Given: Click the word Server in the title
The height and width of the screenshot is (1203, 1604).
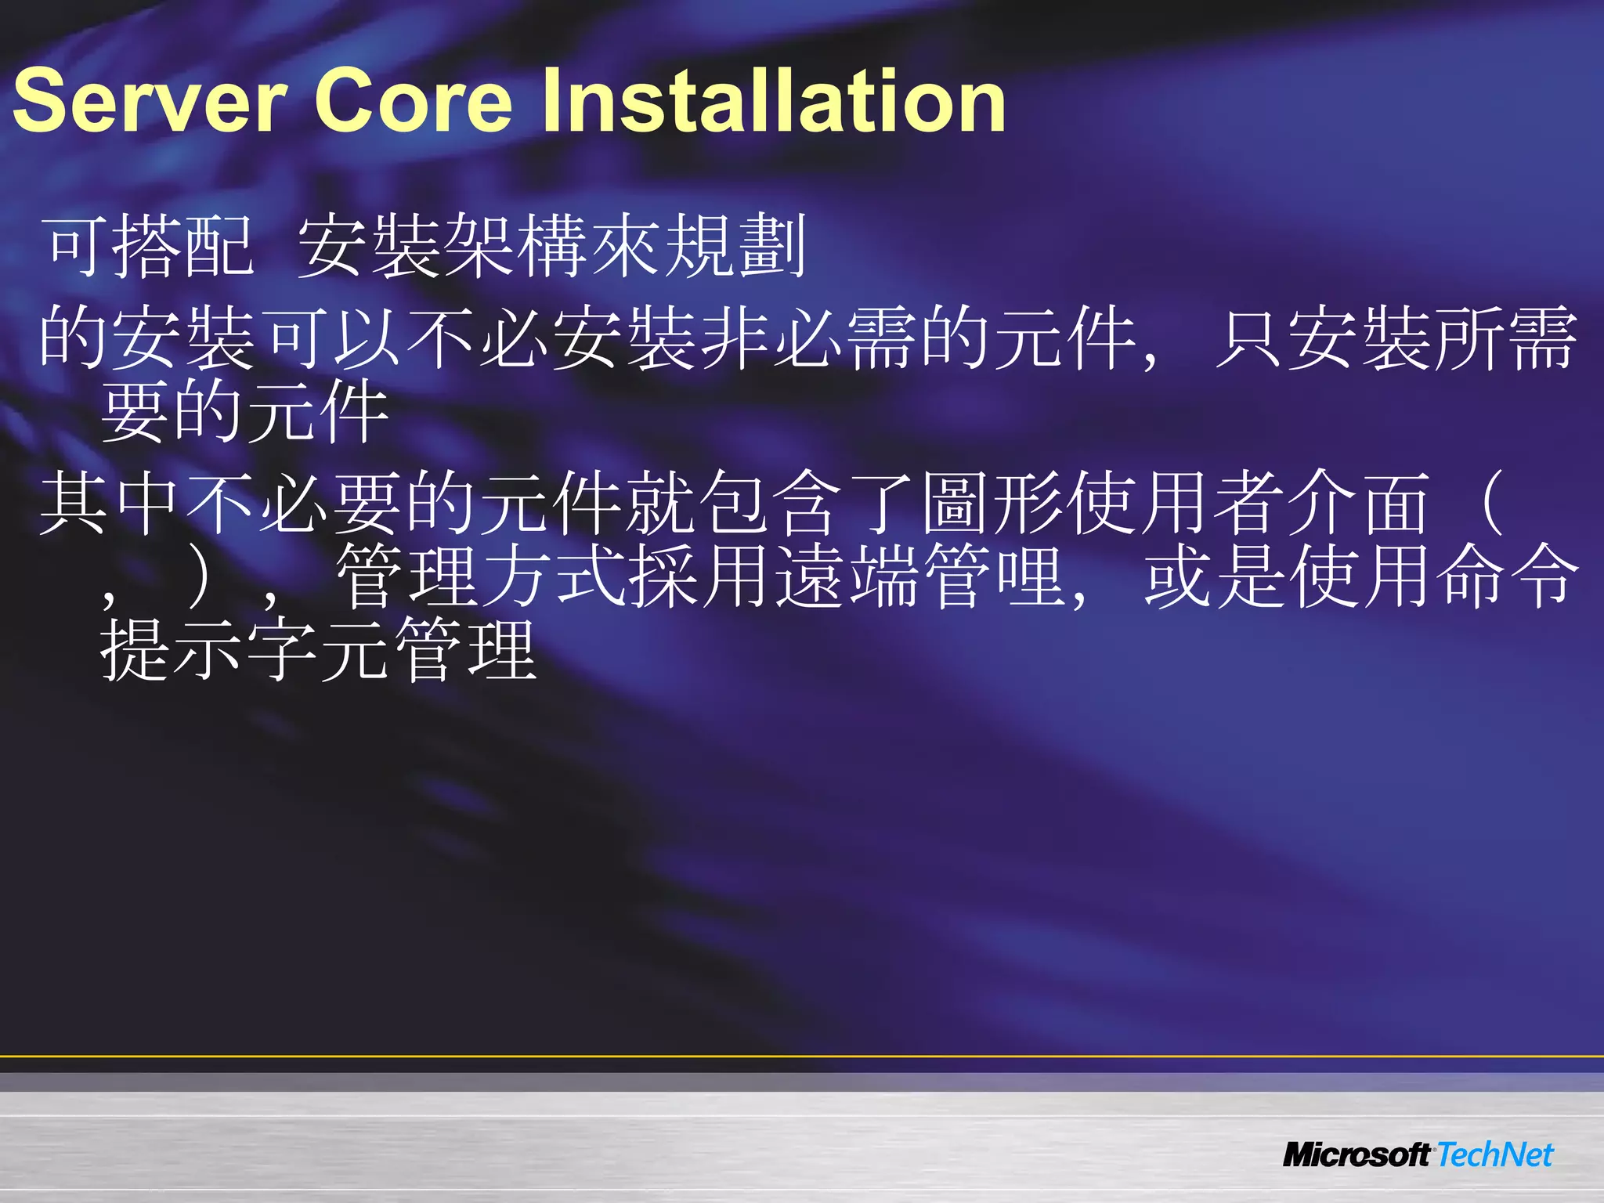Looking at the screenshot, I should pyautogui.click(x=150, y=100).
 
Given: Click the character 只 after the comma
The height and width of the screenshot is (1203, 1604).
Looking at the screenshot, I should pyautogui.click(x=1248, y=338).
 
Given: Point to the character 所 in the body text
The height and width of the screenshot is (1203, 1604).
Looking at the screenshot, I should pyautogui.click(x=1469, y=338).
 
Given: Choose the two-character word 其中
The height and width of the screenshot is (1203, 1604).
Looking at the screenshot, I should pyautogui.click(x=110, y=502).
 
